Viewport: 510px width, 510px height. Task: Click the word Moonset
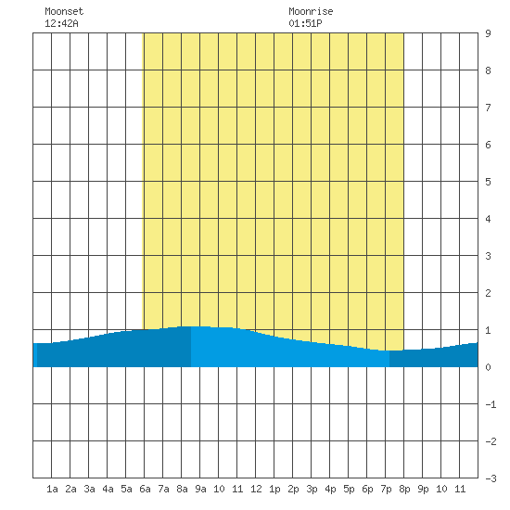click(x=64, y=11)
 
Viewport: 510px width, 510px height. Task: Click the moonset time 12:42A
click(x=61, y=23)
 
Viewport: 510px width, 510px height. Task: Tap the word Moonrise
click(x=311, y=11)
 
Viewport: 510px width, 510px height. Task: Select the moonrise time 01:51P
click(x=305, y=23)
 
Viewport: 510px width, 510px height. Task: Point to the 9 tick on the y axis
click(x=488, y=33)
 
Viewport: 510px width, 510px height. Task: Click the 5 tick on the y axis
click(x=488, y=182)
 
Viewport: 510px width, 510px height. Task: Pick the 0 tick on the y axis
click(x=488, y=367)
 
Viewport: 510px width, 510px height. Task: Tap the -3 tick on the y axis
click(x=491, y=478)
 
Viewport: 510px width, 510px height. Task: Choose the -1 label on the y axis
click(x=491, y=404)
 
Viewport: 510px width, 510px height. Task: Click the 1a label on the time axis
click(x=52, y=489)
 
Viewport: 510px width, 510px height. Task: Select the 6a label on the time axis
click(x=145, y=489)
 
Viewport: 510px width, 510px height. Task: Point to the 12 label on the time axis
click(x=256, y=489)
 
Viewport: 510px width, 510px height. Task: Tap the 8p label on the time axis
click(x=404, y=490)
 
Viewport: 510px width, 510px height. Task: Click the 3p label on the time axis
click(x=312, y=490)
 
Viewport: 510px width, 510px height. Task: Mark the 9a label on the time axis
click(x=200, y=489)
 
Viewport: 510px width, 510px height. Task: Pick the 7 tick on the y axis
click(x=488, y=108)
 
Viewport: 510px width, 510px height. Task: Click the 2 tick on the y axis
click(x=488, y=293)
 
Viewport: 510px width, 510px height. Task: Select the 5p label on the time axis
click(x=349, y=490)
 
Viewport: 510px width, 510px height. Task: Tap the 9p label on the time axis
click(x=423, y=490)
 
